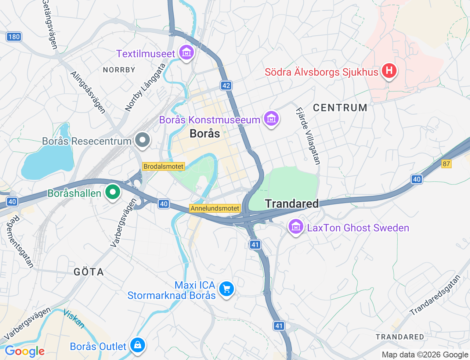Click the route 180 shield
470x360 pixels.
pos(14,37)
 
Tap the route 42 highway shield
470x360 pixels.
pos(226,86)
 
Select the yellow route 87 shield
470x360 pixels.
pos(446,164)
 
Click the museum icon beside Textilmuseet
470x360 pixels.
pos(187,53)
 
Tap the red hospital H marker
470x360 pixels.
pos(389,70)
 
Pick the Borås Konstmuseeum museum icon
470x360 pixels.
pos(271,119)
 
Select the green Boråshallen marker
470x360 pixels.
pos(113,192)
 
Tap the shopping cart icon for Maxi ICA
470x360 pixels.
pos(227,289)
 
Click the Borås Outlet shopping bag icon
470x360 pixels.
pos(138,345)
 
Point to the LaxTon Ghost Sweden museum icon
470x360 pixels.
pos(296,227)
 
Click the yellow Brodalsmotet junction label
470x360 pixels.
pos(163,166)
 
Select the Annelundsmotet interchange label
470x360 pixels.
pos(215,208)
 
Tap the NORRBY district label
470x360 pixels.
pos(119,70)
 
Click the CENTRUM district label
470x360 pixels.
pos(340,108)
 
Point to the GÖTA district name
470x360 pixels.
pos(88,272)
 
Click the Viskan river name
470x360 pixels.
pos(74,318)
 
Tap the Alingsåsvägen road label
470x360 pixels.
pos(88,92)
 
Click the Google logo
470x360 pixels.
pos(24,351)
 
